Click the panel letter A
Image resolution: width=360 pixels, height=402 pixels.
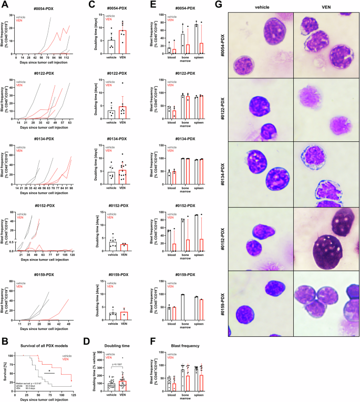click(4, 4)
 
